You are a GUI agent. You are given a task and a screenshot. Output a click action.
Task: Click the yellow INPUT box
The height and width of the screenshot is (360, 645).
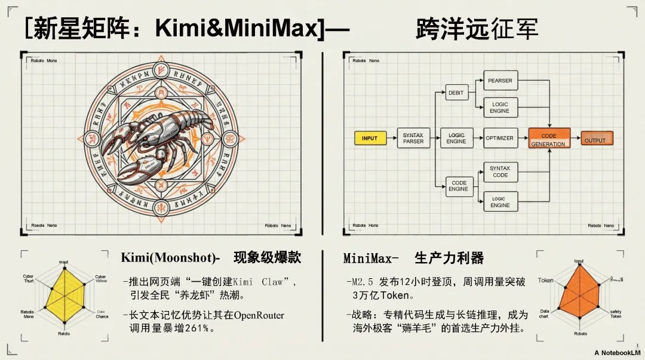(370, 139)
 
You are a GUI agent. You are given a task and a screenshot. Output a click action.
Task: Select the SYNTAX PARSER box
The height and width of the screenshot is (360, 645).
(413, 139)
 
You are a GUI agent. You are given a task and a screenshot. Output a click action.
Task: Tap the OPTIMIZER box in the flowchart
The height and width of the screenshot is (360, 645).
(499, 139)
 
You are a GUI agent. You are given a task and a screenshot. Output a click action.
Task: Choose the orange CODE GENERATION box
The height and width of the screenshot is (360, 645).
(549, 139)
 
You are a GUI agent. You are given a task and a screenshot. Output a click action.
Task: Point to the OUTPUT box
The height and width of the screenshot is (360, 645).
(597, 139)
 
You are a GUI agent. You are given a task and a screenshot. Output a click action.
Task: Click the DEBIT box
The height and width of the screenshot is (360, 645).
(456, 93)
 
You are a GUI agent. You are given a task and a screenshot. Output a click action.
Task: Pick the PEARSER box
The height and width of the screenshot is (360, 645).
(500, 81)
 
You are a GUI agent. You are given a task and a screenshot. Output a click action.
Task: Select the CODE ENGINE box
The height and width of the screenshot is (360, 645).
(459, 186)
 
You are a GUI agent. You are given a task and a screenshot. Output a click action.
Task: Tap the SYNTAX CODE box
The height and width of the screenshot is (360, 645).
(500, 171)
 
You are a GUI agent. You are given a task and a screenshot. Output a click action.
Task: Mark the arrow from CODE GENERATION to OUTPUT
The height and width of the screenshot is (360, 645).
(576, 139)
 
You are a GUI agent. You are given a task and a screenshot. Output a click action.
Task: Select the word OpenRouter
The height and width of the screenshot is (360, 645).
(259, 315)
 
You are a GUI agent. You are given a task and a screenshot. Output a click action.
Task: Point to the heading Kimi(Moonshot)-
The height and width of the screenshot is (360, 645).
(170, 258)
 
